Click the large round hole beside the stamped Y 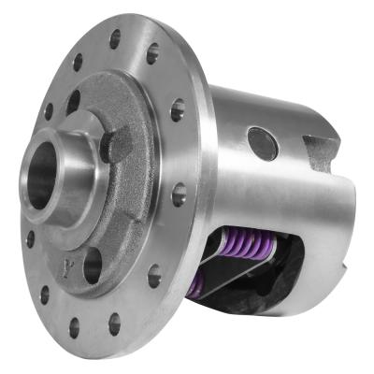point(93,267)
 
